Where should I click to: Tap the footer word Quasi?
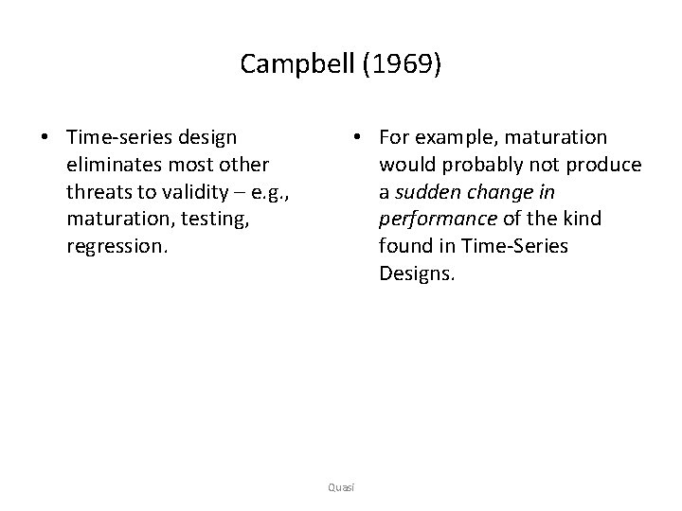point(341,486)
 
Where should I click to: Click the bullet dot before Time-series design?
point(45,138)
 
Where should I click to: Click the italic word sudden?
point(424,192)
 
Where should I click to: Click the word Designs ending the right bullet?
point(417,273)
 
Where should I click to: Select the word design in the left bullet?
point(206,138)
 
